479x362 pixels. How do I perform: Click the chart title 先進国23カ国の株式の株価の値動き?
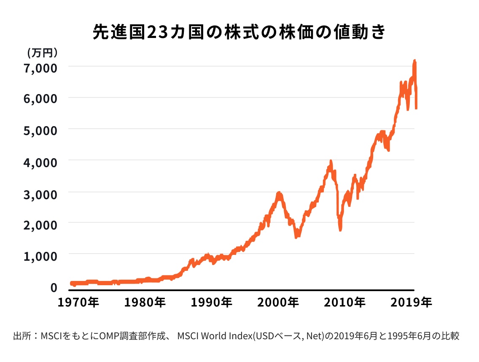(239, 33)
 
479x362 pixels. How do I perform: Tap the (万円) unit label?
(42, 52)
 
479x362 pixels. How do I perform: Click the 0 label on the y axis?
(54, 287)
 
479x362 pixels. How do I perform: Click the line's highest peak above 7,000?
(414, 61)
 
